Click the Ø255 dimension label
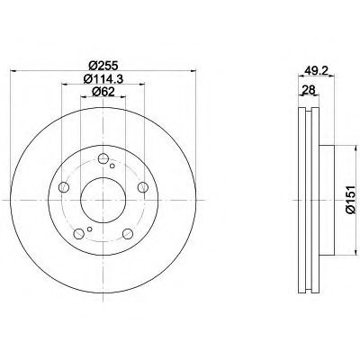103,65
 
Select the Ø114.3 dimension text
103,79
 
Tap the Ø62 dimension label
103,92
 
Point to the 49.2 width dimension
316,71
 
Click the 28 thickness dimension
309,89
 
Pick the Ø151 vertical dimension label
351,200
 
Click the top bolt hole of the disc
103,158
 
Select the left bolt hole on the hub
64,187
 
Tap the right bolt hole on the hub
143,187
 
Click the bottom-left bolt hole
79,234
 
